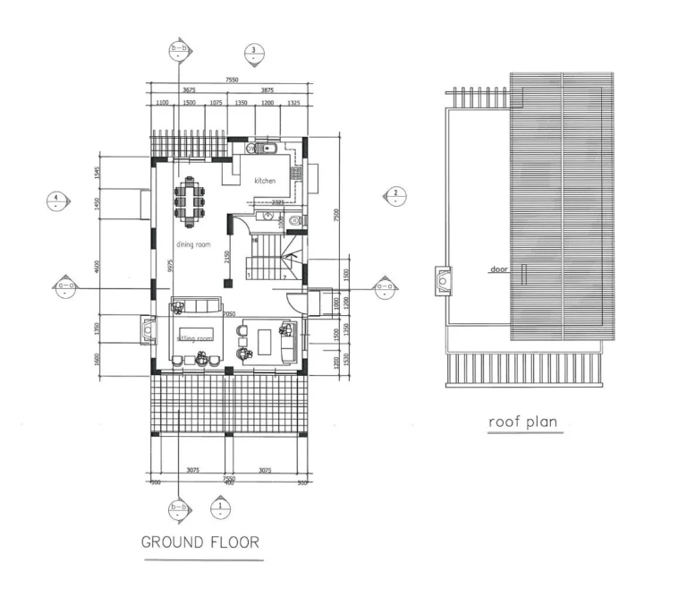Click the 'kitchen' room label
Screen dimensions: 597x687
(x=265, y=181)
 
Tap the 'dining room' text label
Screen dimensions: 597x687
(x=193, y=243)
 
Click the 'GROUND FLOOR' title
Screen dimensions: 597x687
(x=200, y=542)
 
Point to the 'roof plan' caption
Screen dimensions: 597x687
(x=525, y=421)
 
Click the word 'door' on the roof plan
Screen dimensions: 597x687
(x=499, y=269)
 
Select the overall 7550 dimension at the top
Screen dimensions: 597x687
(x=233, y=80)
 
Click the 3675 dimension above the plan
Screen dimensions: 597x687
(x=190, y=90)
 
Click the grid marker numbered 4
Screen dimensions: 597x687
(x=56, y=200)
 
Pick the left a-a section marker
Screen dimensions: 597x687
(x=65, y=287)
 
